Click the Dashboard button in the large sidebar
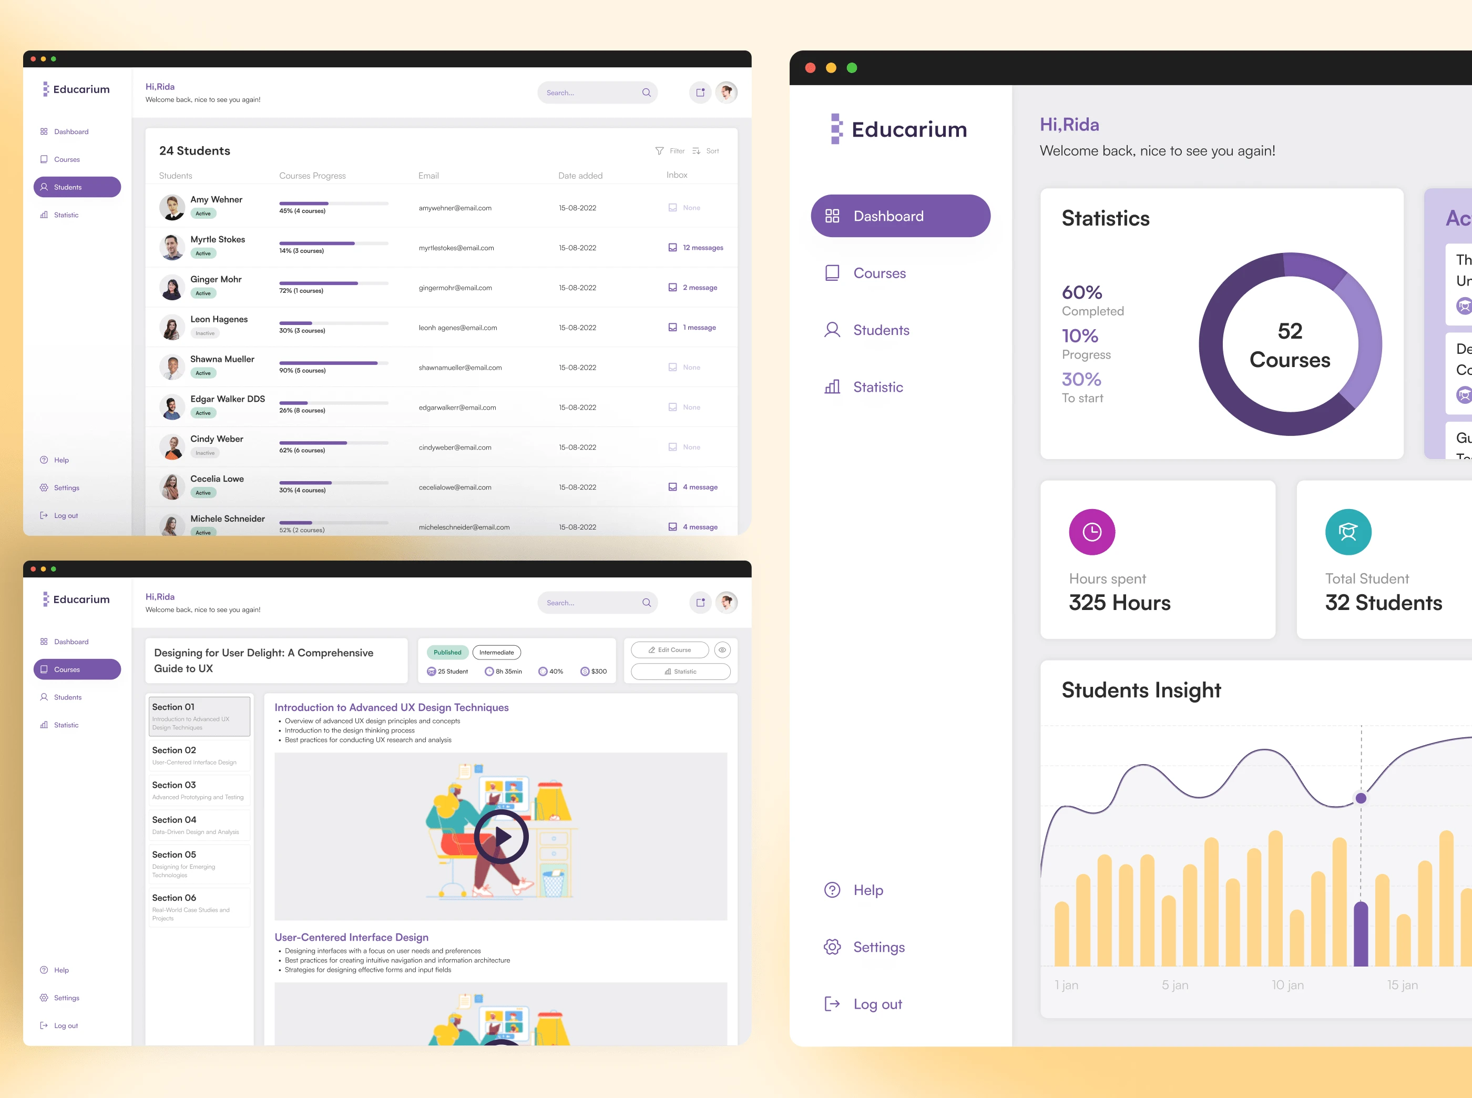900,216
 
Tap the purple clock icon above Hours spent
1091,532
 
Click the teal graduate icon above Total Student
1348,532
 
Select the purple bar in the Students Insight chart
1361,933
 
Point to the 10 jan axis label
1287,985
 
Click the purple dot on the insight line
1361,798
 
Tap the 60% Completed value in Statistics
1082,292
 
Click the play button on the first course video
501,837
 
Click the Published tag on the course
447,653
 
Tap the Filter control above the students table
670,151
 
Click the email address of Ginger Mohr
455,288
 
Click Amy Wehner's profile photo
172,207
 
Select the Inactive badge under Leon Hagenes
205,333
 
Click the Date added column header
580,176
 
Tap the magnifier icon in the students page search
646,93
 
